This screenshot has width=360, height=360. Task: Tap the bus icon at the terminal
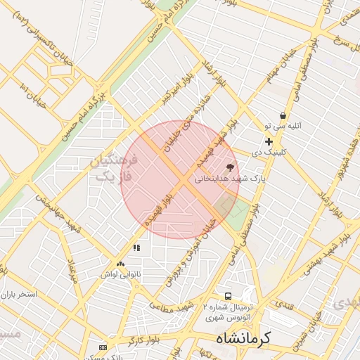[x=228, y=296]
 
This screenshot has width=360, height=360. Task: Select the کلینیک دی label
[x=268, y=152]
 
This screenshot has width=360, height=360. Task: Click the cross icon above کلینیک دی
[x=268, y=141]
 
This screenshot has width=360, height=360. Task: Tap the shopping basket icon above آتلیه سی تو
[x=283, y=115]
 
